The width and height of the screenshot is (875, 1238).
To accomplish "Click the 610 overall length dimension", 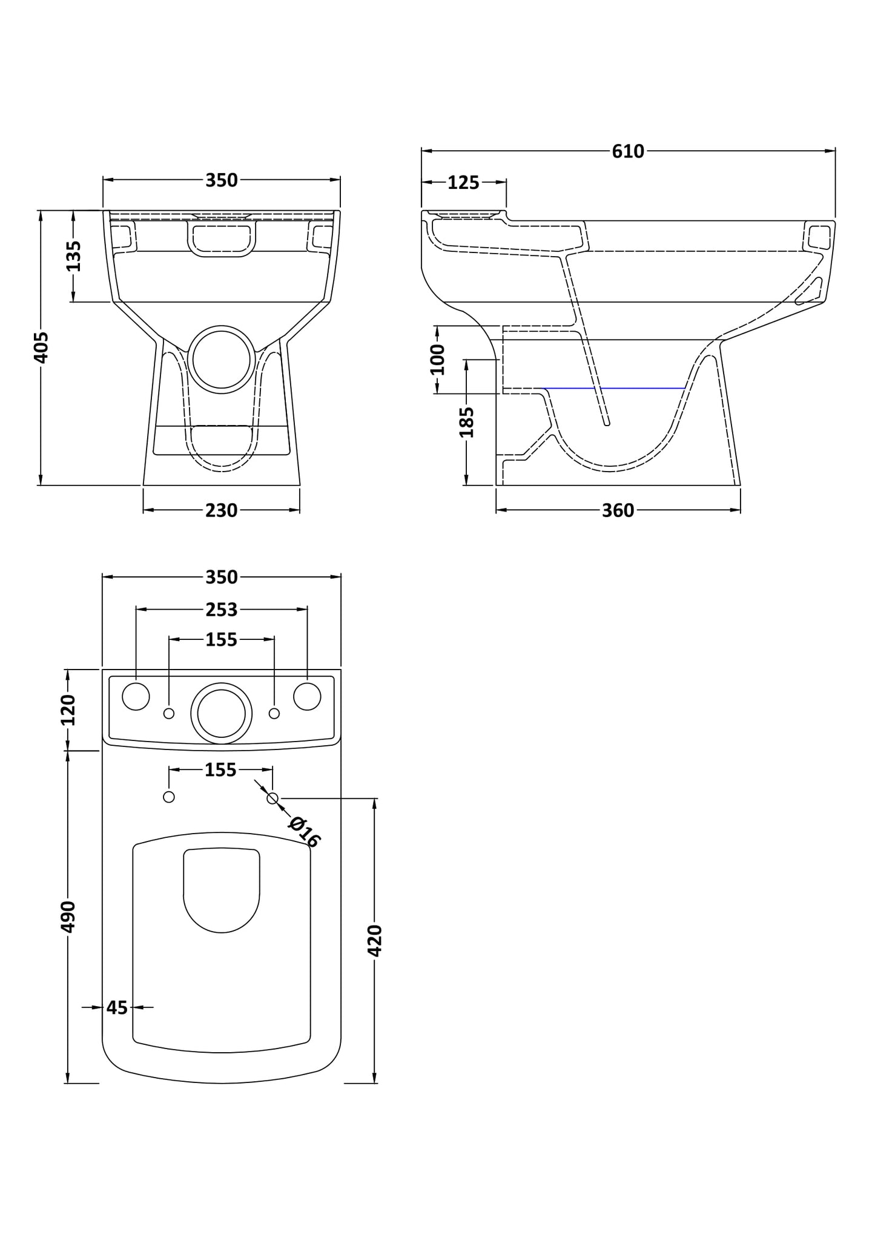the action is point(628,151).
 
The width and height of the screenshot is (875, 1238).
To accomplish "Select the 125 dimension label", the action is point(463,182).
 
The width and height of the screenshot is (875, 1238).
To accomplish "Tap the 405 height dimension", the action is point(41,347).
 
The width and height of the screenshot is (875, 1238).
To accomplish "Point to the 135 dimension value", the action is point(73,256).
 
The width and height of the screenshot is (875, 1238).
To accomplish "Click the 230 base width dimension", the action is point(221,511).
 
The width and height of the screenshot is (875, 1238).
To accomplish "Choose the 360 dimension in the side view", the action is point(618,511).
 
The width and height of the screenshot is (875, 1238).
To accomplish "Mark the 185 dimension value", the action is point(466,422).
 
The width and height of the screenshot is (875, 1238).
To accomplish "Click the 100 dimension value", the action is point(437,360).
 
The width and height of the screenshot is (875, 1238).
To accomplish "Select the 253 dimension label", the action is point(221,610).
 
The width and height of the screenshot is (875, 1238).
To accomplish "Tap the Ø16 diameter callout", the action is point(304,832).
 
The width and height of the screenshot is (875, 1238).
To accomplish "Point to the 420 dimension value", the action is point(375,940).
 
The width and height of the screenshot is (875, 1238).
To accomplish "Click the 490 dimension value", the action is point(68,917).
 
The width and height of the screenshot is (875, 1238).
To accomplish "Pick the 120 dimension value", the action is point(68,710).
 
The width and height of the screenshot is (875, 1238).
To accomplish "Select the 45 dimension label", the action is point(117,1007).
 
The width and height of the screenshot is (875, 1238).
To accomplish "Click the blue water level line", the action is point(614,387).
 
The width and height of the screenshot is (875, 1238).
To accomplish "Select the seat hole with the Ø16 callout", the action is point(272,798).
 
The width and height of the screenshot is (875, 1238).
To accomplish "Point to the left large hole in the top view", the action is point(136,697).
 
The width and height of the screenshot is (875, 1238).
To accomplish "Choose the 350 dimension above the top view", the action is point(221,578).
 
